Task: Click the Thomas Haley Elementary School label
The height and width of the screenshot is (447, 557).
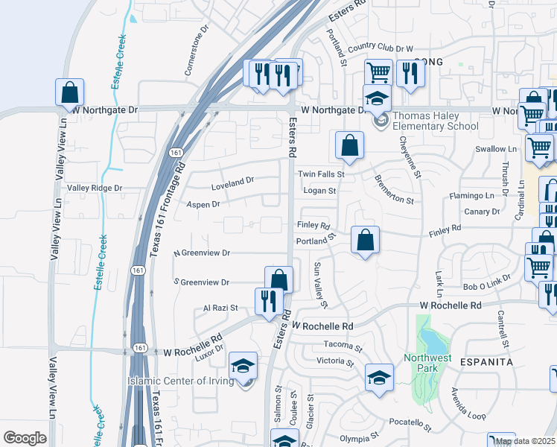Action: (435, 121)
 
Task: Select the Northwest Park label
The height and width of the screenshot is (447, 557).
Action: (427, 363)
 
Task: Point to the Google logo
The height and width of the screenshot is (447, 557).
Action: (25, 438)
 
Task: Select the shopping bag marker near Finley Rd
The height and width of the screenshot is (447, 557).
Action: (365, 241)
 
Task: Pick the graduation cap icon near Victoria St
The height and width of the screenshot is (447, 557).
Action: (379, 377)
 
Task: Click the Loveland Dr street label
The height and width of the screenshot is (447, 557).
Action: (232, 180)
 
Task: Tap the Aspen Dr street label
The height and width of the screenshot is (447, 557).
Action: (203, 203)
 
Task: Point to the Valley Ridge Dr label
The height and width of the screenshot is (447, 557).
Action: (95, 188)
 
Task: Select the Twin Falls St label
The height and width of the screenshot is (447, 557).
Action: (322, 174)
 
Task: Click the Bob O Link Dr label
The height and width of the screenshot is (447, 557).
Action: (487, 287)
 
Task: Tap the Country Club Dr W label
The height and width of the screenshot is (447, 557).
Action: (380, 48)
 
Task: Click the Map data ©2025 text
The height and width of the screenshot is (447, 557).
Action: (524, 441)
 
